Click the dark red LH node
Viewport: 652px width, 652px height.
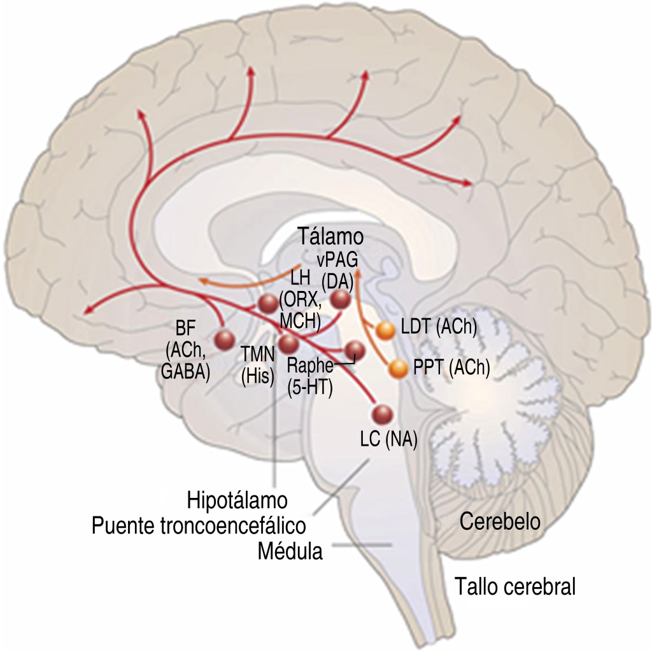pyautogui.click(x=267, y=304)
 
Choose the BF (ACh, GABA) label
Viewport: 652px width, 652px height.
pyautogui.click(x=185, y=350)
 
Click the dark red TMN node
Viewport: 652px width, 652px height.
pyautogui.click(x=288, y=344)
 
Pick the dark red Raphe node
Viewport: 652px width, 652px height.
pyautogui.click(x=354, y=350)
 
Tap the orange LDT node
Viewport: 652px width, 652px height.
pyautogui.click(x=386, y=330)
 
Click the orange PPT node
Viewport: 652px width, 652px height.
pyautogui.click(x=398, y=368)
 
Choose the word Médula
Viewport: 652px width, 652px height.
pyautogui.click(x=290, y=550)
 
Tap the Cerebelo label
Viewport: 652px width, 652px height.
pyautogui.click(x=500, y=522)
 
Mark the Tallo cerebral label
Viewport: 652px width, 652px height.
pyautogui.click(x=515, y=586)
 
